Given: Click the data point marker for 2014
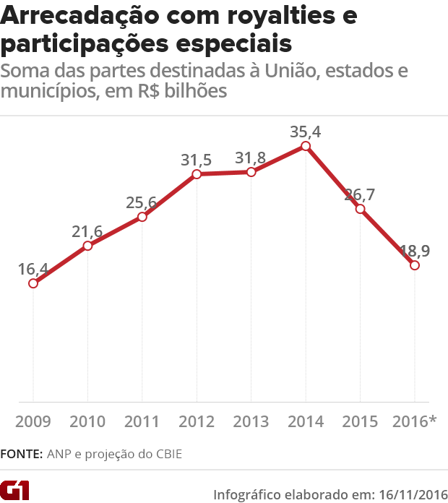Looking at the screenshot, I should click(x=306, y=146).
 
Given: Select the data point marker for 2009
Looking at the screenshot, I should click(x=33, y=283).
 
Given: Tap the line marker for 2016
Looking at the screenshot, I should click(x=415, y=265).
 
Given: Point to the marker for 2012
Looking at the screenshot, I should click(x=197, y=174).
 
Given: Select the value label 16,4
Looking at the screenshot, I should click(x=33, y=269).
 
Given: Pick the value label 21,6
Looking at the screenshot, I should click(x=87, y=231).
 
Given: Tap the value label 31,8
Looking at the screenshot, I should click(x=250, y=158).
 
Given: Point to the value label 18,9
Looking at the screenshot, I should click(x=415, y=251).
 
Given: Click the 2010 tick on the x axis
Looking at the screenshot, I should click(x=87, y=421).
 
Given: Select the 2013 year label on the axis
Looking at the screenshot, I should click(x=251, y=421).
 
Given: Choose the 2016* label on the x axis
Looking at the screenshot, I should click(x=414, y=421).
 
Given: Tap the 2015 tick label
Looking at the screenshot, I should click(x=360, y=421).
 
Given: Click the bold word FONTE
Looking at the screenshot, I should click(x=22, y=455).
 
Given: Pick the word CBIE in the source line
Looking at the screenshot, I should click(x=166, y=455).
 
